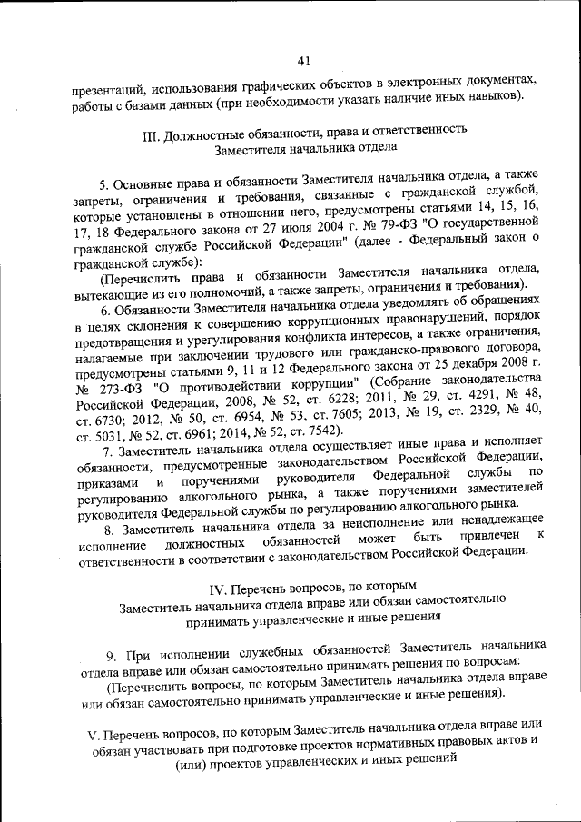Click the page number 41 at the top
[303, 61]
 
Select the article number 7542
[315, 431]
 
